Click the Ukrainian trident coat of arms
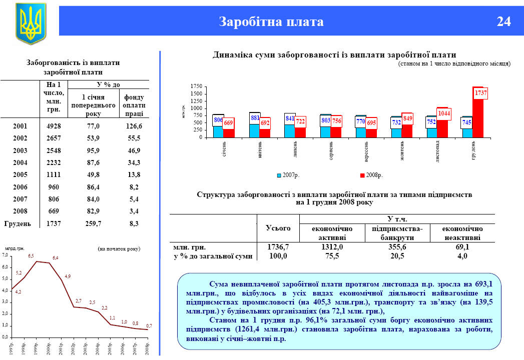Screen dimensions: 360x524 [31, 23]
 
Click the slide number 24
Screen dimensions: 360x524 [503, 22]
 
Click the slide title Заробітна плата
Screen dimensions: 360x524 [271, 22]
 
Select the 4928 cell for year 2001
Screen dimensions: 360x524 [53, 126]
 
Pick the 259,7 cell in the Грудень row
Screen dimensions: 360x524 [94, 224]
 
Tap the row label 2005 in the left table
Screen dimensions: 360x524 [20, 174]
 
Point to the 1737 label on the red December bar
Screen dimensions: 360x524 [480, 93]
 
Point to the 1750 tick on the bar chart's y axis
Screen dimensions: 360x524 [196, 87]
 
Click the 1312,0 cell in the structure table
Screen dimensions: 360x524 [332, 247]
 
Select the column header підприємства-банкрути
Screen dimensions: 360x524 [398, 232]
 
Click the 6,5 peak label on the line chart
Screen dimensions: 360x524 [31, 256]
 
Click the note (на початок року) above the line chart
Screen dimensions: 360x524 [119, 248]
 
